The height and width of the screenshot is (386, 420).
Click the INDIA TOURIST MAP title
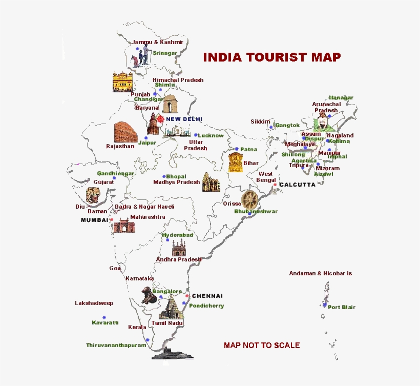click(x=271, y=57)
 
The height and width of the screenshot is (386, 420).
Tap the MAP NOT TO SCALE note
click(x=262, y=345)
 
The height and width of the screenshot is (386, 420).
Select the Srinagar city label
click(x=164, y=53)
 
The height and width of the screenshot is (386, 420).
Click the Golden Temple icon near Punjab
click(x=122, y=82)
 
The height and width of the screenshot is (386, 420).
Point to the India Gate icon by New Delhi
click(x=170, y=105)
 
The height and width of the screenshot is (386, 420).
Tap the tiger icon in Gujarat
click(x=93, y=195)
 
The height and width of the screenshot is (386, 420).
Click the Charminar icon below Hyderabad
click(x=178, y=249)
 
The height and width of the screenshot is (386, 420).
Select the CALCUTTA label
click(x=297, y=185)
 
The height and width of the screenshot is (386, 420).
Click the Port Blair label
click(x=342, y=307)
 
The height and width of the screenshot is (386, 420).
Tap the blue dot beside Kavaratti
click(x=104, y=317)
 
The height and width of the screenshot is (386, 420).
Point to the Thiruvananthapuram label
click(x=116, y=345)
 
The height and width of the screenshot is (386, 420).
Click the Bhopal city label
click(x=176, y=176)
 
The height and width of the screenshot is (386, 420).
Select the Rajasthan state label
click(x=120, y=146)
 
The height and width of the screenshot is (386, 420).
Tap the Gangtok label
click(x=287, y=125)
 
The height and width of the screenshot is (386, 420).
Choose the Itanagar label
click(x=341, y=97)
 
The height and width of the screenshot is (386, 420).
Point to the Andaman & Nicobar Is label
click(x=320, y=273)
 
